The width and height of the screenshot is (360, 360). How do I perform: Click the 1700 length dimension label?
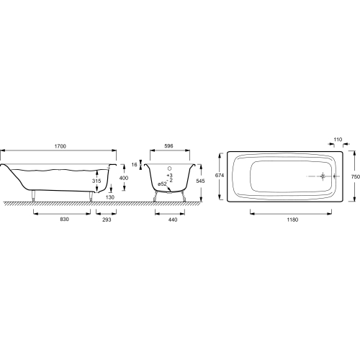click(x=60, y=146)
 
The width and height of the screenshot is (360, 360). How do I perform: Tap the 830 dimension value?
click(x=65, y=219)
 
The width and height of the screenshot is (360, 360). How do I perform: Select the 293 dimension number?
click(x=107, y=220)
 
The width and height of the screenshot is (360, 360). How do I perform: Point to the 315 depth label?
click(x=96, y=181)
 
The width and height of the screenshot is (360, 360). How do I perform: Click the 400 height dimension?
click(x=124, y=178)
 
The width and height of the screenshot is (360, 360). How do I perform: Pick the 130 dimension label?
click(x=110, y=197)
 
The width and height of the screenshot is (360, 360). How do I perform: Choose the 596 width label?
click(x=169, y=146)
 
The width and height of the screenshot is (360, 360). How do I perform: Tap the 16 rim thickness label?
click(x=135, y=165)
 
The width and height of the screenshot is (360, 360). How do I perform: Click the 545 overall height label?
click(x=200, y=181)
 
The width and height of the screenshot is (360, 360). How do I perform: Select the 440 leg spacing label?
click(x=173, y=220)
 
